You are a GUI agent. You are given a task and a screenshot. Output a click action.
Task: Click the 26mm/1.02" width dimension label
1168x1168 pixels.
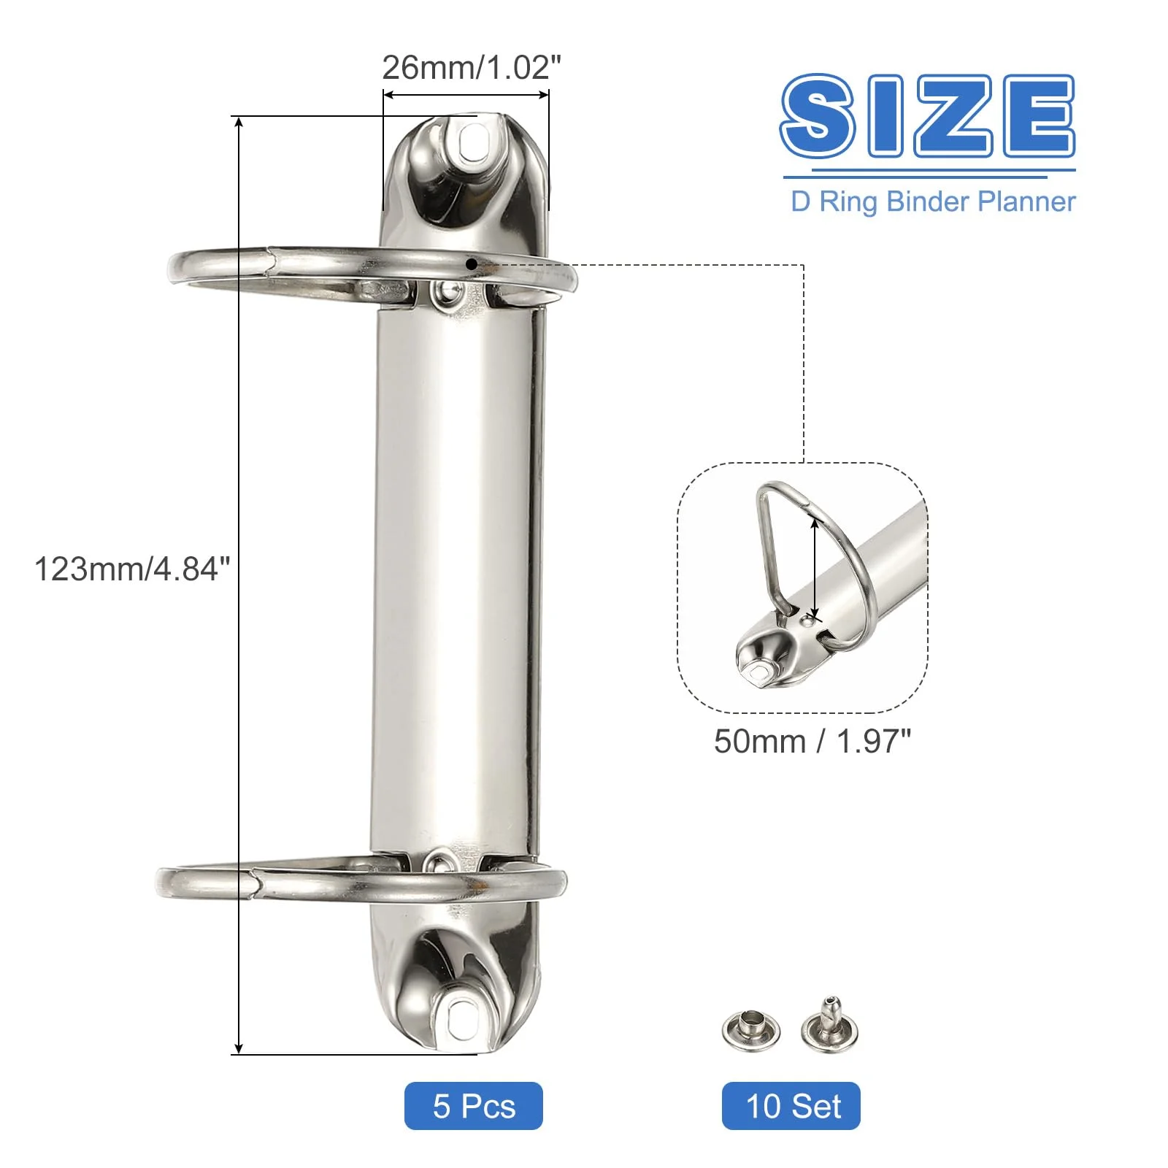472,67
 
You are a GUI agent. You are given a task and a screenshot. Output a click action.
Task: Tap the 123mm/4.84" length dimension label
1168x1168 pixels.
132,569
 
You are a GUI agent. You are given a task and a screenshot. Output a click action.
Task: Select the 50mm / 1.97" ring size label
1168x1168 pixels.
812,742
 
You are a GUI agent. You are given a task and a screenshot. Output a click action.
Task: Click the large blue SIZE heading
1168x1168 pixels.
928,115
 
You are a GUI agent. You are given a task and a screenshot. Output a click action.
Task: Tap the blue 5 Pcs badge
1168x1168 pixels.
474,1106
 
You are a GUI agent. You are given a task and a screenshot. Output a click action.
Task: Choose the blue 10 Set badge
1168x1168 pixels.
791,1106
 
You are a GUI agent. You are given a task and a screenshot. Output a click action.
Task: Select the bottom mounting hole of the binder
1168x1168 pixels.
462,1017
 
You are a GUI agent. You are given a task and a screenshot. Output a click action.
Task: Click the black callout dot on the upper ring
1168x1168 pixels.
472,264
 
